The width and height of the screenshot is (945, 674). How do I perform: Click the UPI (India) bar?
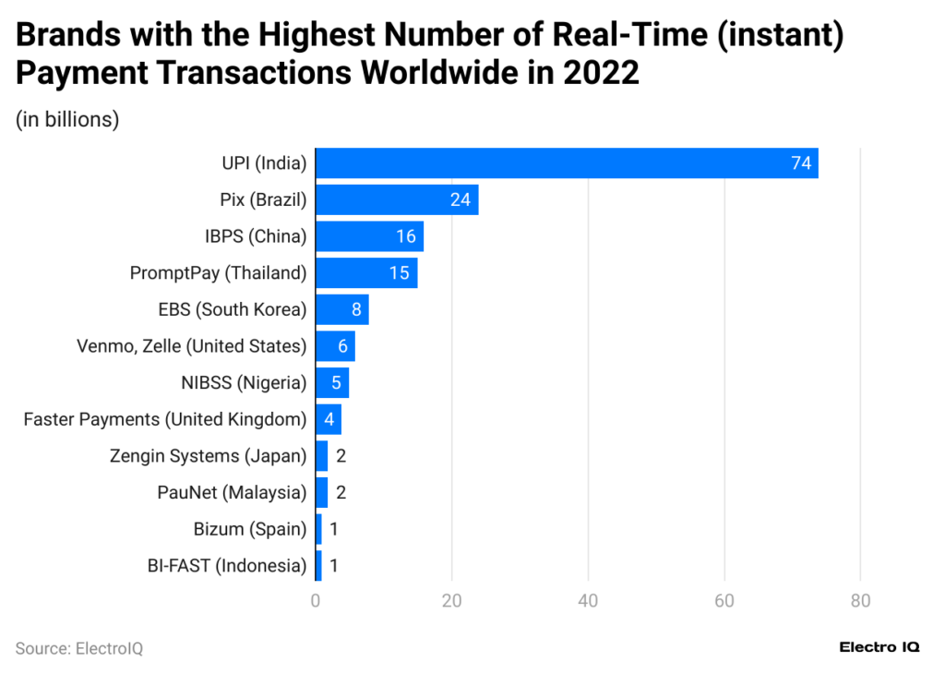coord(566,163)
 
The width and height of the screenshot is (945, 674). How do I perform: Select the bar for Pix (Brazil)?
coord(397,199)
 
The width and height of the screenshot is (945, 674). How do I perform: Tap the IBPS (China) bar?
coord(369,236)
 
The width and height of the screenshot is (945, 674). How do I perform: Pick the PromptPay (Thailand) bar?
coord(366,272)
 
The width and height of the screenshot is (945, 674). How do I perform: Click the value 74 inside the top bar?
coord(800,163)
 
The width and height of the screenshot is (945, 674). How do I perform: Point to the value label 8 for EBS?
coord(356,309)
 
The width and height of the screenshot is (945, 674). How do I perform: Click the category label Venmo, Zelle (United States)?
coord(191,346)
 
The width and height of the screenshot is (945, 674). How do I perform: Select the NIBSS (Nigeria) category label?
coord(244,382)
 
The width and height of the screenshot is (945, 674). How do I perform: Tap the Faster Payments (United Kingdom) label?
coord(164,419)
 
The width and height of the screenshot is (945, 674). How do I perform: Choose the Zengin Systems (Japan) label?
coord(208,455)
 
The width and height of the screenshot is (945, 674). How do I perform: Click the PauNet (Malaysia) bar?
coord(321,492)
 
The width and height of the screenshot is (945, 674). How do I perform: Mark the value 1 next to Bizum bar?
coord(334,529)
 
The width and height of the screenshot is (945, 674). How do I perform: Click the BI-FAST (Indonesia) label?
coord(226,565)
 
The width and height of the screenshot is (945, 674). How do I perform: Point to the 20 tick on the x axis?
coord(451,601)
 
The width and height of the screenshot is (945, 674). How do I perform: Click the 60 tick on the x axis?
coord(724,601)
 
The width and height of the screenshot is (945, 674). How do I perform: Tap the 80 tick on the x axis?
coord(860,601)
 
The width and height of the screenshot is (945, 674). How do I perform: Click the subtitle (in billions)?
coord(67,120)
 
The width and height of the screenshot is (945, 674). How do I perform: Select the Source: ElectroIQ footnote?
coord(79,648)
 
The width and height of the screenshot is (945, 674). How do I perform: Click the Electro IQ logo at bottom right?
coord(879,647)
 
